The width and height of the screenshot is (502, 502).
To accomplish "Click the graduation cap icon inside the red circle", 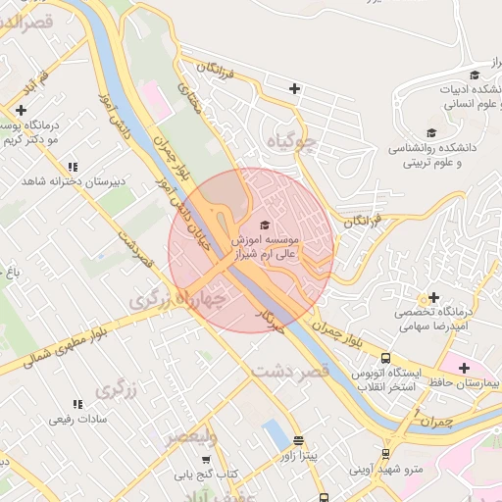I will click(262, 225).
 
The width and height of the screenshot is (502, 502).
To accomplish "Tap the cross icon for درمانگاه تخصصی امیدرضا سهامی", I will click(433, 297).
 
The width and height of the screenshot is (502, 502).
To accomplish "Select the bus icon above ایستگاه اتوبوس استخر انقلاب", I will click(386, 359).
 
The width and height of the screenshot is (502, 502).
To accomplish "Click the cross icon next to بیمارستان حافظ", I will click(464, 368).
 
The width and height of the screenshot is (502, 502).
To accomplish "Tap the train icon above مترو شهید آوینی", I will click(386, 454).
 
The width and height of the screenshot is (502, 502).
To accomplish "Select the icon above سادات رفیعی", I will click(76, 404).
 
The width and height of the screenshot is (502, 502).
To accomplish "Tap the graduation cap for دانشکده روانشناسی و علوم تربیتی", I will click(430, 133).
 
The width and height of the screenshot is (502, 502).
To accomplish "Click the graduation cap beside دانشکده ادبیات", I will click(475, 75).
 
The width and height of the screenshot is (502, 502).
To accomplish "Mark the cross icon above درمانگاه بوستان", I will click(22, 110).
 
